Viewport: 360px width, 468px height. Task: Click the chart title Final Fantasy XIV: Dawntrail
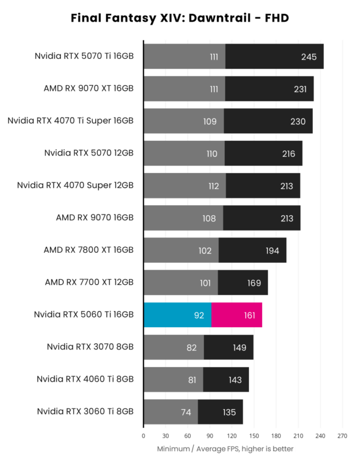[x=180, y=18]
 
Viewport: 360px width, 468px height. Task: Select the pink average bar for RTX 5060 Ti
[x=237, y=315]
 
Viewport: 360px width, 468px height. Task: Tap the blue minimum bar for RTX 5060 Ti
[x=177, y=315]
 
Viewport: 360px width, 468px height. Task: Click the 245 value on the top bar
[x=309, y=57]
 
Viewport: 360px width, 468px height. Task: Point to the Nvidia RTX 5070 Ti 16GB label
[x=84, y=56]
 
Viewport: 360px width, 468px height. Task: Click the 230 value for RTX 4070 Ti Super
[x=298, y=122]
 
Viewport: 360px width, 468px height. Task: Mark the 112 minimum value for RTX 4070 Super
[x=213, y=186]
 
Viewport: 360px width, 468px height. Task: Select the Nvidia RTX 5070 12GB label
[x=89, y=153]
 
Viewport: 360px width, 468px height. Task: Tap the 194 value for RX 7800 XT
[x=272, y=250]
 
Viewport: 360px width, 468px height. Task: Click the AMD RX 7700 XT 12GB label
[x=89, y=282]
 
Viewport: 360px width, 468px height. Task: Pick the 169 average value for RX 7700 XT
[x=254, y=283]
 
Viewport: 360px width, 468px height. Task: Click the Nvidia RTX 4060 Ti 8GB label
[x=85, y=379]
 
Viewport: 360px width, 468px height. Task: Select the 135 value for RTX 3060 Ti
[x=229, y=412]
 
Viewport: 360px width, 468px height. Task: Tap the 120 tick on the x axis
[x=232, y=436]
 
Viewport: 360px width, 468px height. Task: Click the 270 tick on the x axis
[x=342, y=436]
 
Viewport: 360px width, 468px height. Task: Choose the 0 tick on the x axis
[x=143, y=436]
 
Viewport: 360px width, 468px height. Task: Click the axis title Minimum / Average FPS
[x=225, y=449]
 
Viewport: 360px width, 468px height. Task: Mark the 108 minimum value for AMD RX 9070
[x=209, y=218]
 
